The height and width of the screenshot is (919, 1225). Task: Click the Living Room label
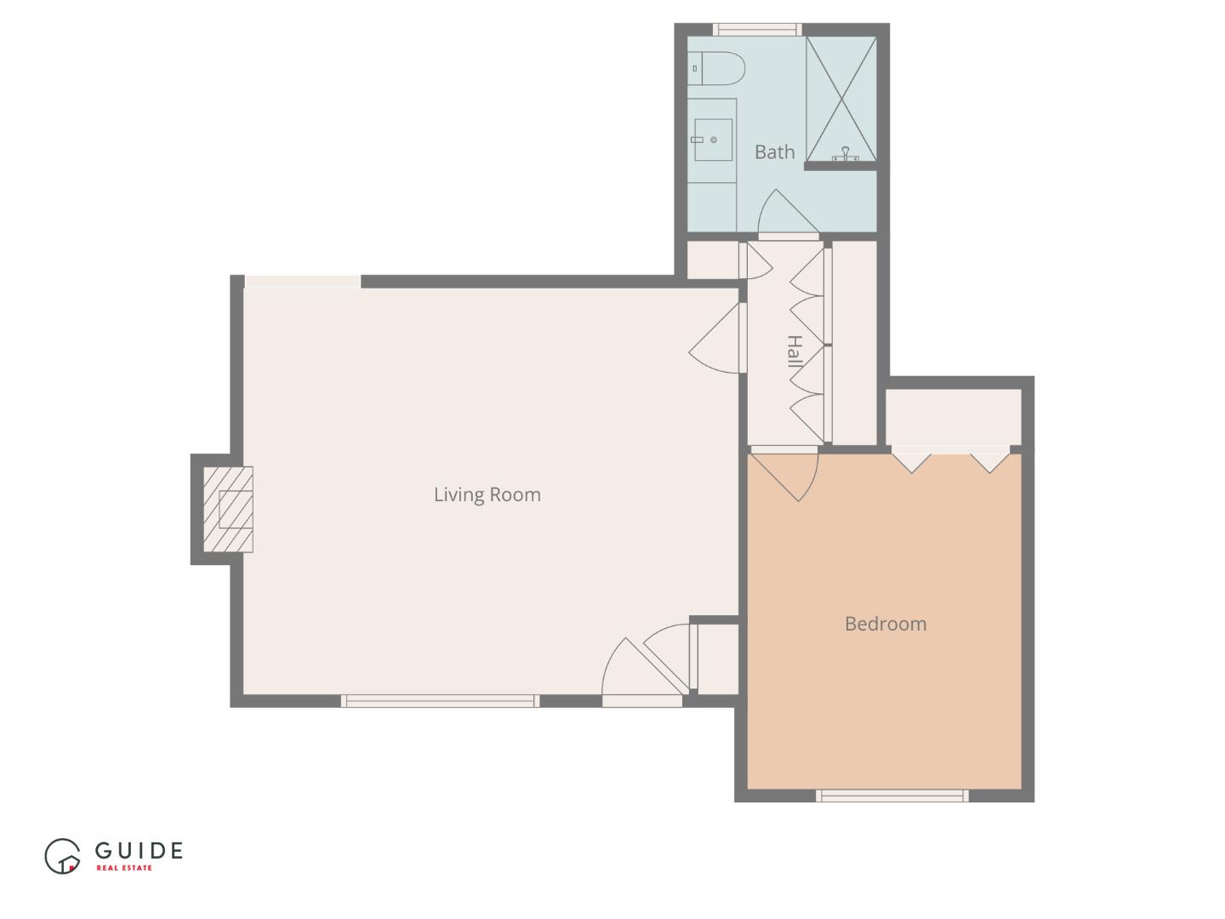(487, 494)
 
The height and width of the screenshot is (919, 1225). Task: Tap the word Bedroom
(885, 624)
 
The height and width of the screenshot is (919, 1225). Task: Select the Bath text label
(774, 152)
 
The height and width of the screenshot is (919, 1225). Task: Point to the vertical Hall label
(794, 351)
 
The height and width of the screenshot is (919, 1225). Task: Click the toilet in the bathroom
(719, 68)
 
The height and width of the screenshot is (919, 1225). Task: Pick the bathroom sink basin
(712, 140)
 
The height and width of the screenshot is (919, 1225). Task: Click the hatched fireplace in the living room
(228, 510)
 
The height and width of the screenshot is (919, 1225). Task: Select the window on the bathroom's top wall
(757, 30)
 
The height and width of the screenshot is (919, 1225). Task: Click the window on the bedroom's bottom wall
(892, 796)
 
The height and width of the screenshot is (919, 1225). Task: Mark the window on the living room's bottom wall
(440, 701)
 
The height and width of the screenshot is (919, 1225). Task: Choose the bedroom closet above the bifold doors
(953, 416)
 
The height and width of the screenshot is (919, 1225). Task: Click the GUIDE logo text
(139, 850)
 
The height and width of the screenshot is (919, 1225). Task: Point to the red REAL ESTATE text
(124, 868)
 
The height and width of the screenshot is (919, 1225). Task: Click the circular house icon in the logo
(62, 856)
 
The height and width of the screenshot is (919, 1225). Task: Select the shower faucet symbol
(845, 154)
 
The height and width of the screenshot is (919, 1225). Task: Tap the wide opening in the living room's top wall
(303, 282)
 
